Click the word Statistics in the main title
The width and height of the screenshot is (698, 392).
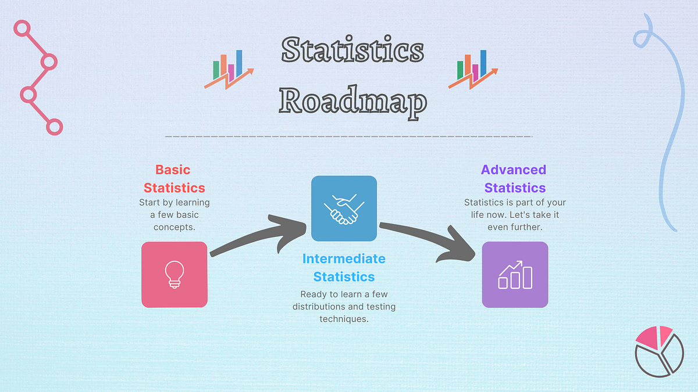(352, 50)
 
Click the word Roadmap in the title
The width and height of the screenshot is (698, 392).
(352, 101)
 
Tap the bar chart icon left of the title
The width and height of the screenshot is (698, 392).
(229, 69)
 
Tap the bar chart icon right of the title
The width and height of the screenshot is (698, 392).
(473, 69)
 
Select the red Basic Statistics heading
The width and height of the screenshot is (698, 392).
(174, 179)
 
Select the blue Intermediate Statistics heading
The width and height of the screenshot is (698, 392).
(343, 267)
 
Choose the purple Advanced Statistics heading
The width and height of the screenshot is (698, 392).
(514, 179)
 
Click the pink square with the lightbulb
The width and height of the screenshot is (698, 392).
(174, 274)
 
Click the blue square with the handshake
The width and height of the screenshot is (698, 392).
(344, 208)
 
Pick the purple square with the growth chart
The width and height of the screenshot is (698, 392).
(515, 274)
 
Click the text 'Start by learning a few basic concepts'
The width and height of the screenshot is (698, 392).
(174, 214)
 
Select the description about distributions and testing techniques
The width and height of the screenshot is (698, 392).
(343, 307)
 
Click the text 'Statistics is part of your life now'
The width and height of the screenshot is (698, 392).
(514, 214)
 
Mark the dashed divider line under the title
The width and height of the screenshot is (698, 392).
(349, 136)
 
